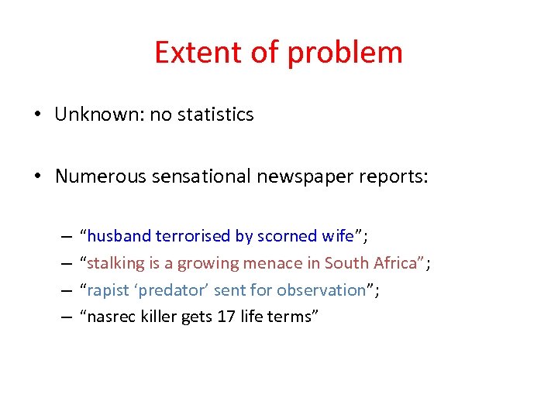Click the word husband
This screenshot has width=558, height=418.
pyautogui.click(x=119, y=236)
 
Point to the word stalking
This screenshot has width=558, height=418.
pyautogui.click(x=115, y=263)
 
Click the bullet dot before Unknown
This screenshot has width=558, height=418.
pyautogui.click(x=37, y=115)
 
